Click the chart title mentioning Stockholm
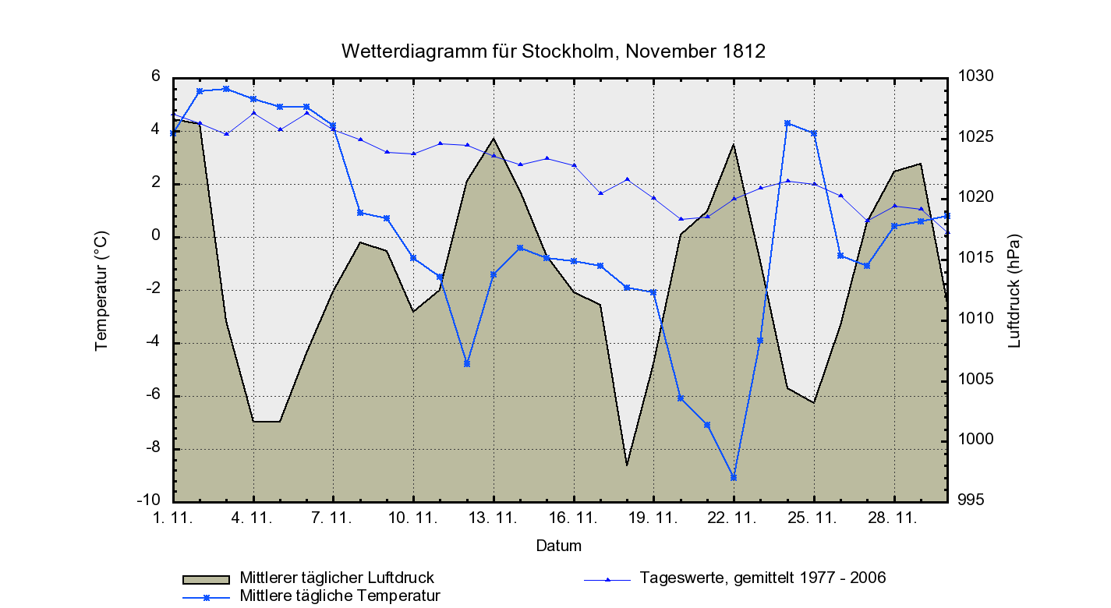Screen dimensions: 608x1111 coord(554,51)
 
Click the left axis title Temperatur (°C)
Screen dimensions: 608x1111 coord(101,290)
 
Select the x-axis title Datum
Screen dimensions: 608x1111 coord(558,546)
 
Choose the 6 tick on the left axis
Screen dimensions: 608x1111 coord(156,76)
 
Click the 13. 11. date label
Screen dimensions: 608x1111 coord(494,518)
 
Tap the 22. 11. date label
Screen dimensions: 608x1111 coord(734,518)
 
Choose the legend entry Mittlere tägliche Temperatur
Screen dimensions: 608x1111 coord(340,596)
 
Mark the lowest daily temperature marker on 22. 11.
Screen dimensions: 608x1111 coord(734,477)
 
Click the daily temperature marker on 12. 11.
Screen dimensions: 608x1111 coord(467,363)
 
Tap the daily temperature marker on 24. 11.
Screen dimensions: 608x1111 coord(787,123)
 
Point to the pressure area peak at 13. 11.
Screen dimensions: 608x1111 coord(494,139)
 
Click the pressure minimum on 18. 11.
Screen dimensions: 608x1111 coord(627,465)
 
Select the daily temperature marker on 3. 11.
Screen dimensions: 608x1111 coord(226,89)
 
